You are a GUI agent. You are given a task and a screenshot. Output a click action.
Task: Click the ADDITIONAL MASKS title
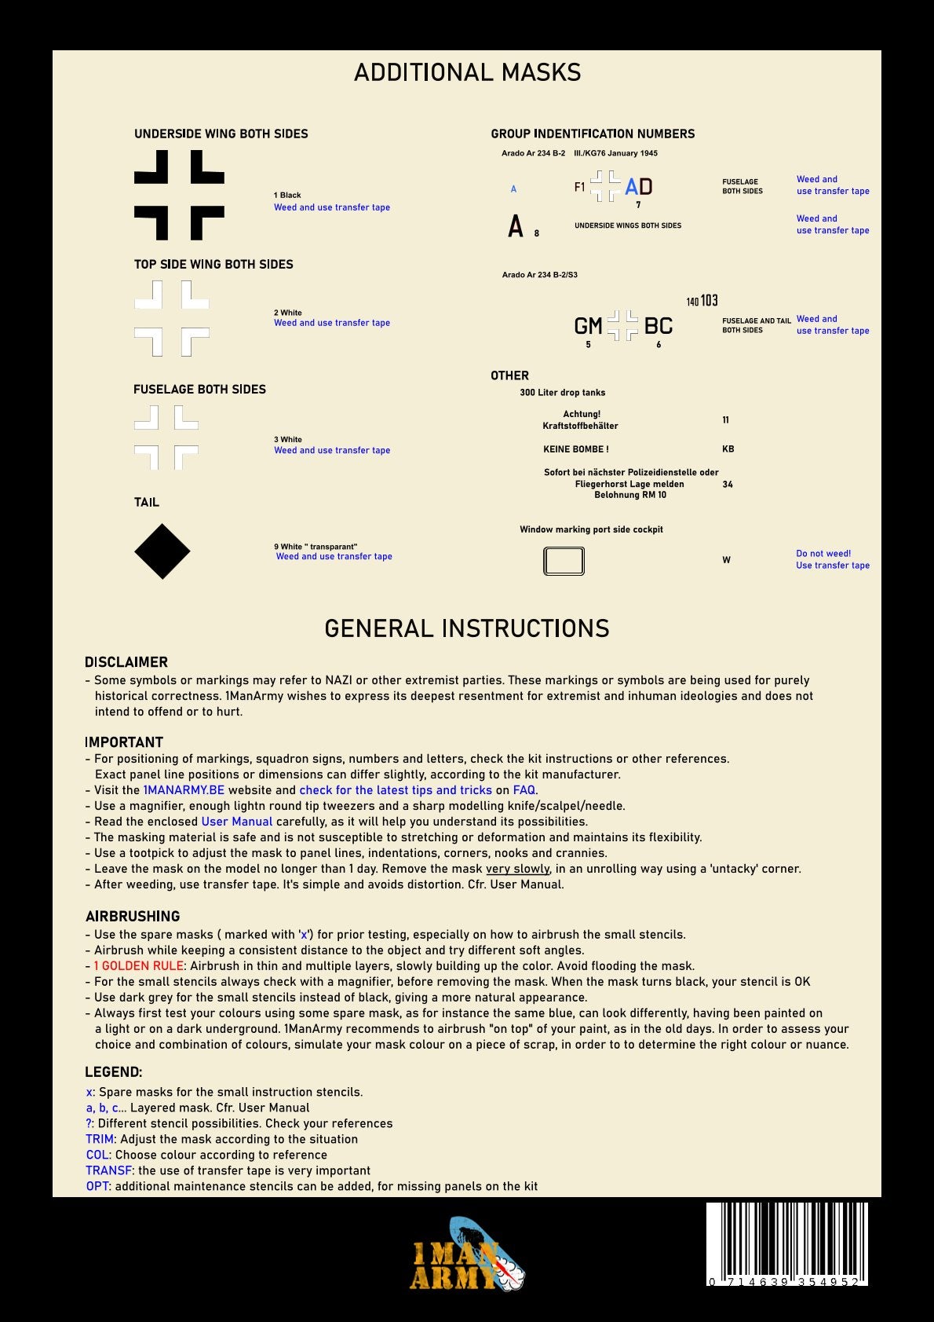pos(467,73)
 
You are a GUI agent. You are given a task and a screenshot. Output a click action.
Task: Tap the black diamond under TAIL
pos(162,551)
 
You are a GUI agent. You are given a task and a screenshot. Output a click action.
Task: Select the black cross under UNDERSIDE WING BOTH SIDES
pos(179,195)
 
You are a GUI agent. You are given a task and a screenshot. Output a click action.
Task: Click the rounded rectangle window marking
pos(564,561)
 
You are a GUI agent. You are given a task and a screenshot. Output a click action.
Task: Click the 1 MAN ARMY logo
pos(467,1255)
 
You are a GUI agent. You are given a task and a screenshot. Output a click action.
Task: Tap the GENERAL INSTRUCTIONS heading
pos(467,628)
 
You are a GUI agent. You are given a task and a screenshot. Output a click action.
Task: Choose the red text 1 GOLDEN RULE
pos(139,966)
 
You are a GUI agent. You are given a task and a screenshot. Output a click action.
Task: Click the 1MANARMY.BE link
pos(184,790)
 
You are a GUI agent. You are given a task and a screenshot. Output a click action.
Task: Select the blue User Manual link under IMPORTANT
pos(237,822)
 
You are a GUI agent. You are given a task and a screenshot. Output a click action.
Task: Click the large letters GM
pos(588,326)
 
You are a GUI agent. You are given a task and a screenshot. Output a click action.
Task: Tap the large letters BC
pos(659,326)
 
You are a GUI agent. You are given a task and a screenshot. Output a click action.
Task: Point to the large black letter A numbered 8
pos(516,226)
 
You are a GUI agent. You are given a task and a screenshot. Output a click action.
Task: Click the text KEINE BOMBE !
pos(576,449)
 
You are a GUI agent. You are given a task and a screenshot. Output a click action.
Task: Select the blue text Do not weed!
pos(823,554)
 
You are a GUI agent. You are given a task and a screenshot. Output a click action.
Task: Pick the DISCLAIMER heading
pos(126,662)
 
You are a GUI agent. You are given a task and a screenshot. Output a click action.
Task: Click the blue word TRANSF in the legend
pos(108,1170)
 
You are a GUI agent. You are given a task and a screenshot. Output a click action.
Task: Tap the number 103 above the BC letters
pos(710,301)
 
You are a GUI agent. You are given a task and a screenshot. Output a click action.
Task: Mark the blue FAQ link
pos(524,790)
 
